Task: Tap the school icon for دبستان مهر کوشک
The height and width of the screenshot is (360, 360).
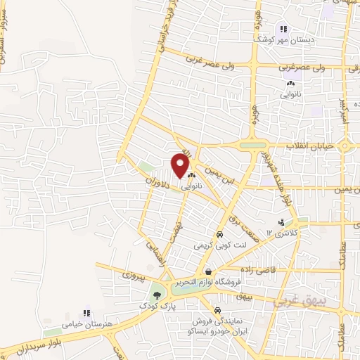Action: [x=283, y=29]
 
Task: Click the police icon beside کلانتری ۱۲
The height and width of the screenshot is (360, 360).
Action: [x=281, y=223]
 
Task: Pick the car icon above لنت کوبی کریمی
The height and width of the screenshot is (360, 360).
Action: [x=219, y=235]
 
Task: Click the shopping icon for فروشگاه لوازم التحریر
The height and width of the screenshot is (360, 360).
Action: [x=207, y=271]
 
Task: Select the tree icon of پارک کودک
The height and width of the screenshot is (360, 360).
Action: [x=156, y=295]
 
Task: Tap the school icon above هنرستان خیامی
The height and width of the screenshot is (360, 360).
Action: [x=87, y=312]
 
